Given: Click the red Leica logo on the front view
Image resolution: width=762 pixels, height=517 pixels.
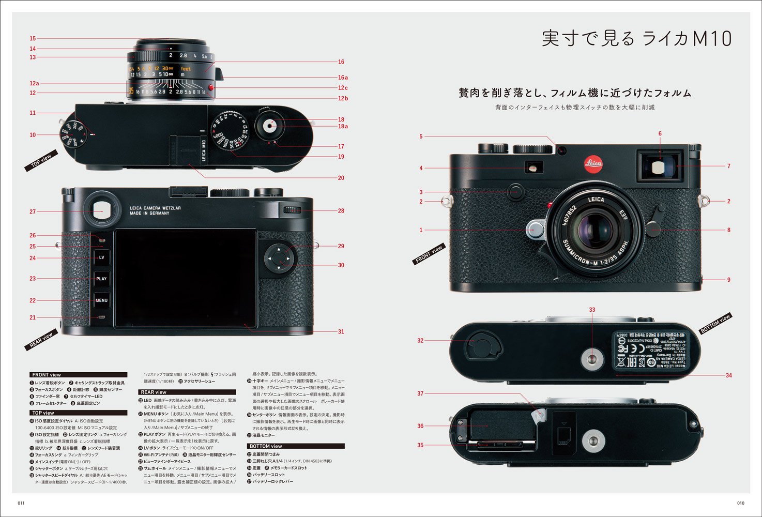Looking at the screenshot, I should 593,164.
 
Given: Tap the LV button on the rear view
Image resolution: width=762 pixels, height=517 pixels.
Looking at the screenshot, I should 101,257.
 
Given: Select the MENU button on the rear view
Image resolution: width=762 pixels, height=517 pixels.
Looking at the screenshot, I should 101,300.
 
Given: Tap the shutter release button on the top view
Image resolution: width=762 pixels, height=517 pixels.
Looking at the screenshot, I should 270,125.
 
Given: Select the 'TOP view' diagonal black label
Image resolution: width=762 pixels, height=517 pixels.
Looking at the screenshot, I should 41,161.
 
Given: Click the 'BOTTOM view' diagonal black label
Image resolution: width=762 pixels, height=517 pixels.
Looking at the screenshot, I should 715,323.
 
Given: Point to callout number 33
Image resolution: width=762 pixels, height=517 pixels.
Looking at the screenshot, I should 592,310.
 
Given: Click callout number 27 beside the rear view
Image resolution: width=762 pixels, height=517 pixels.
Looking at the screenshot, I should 33,211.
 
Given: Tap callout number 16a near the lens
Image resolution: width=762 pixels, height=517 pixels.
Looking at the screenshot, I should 342,78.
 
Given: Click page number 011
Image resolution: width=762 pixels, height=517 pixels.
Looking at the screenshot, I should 21,503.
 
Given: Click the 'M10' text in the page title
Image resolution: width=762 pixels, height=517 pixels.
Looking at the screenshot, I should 712,39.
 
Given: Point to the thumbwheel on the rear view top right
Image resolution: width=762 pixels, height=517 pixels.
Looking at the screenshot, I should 293,209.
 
